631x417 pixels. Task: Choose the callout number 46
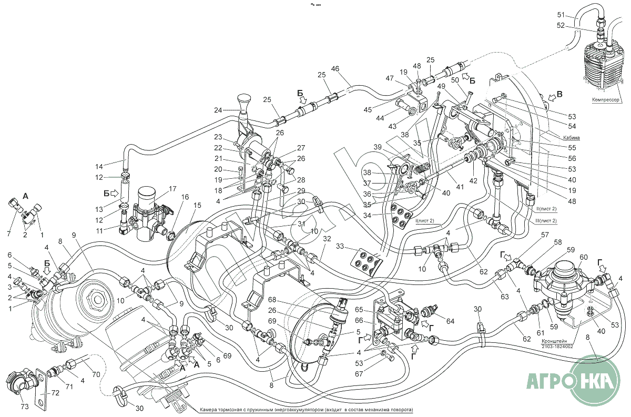coord(335,68)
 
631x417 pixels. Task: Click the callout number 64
coord(450,321)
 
